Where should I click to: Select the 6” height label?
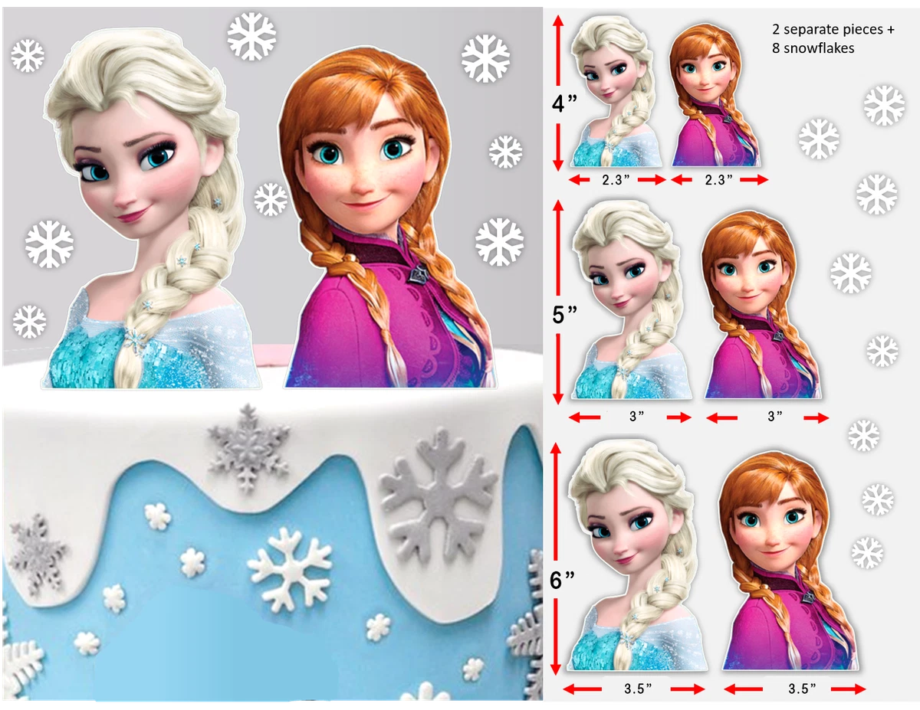pos(563,581)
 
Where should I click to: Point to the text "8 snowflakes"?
pos(813,47)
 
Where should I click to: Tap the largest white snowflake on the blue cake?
pos(290,568)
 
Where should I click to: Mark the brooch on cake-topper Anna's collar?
pos(417,273)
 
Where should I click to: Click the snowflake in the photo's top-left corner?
pos(28,56)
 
